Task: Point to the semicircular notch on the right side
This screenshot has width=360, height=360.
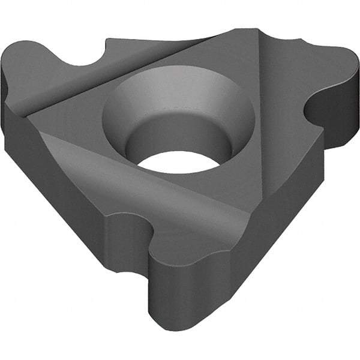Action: click(x=318, y=111)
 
